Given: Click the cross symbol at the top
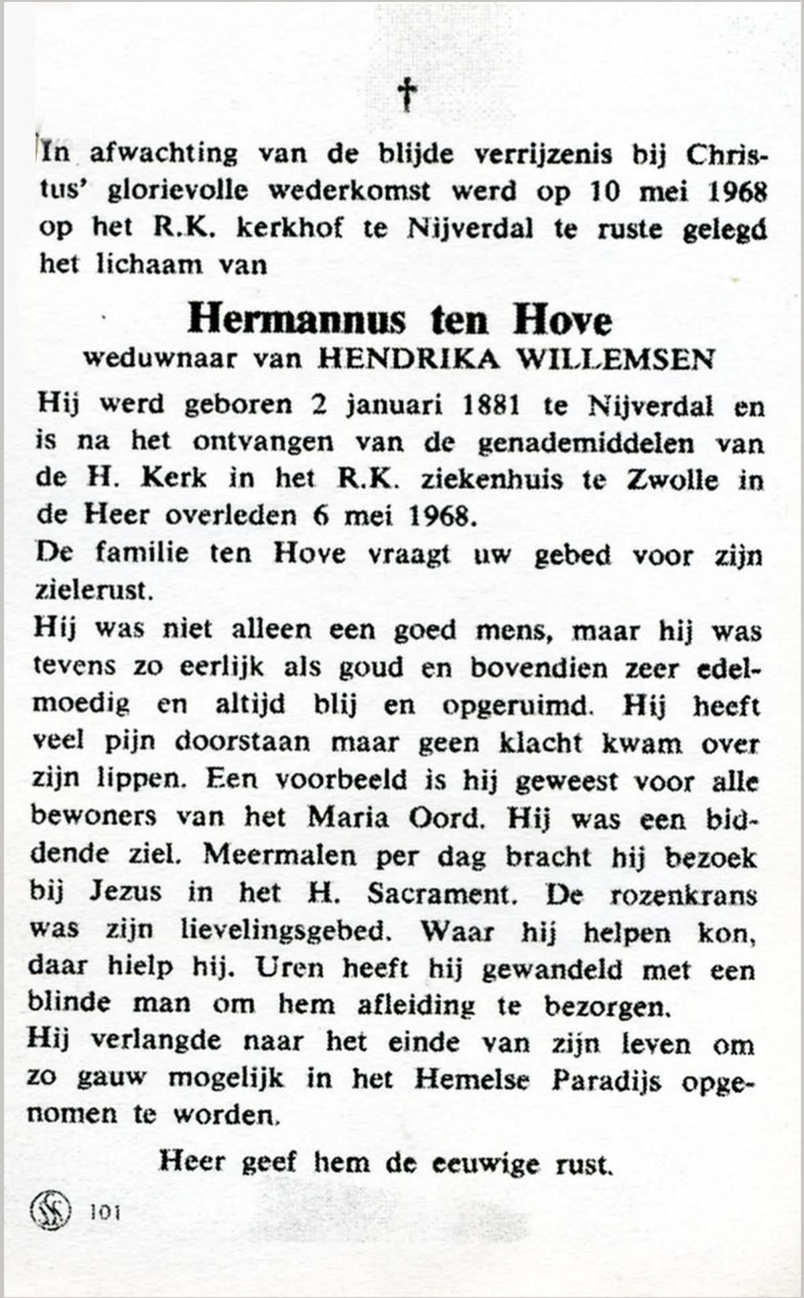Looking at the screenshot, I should click(x=407, y=94).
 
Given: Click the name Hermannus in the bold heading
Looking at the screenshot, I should click(x=296, y=320).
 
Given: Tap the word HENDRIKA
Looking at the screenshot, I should click(x=409, y=359).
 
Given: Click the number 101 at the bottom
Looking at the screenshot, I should click(x=105, y=1212).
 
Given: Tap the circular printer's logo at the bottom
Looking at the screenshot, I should click(x=50, y=1211).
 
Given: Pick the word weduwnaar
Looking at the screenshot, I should click(x=159, y=359).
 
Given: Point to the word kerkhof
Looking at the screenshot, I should click(x=289, y=229).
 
